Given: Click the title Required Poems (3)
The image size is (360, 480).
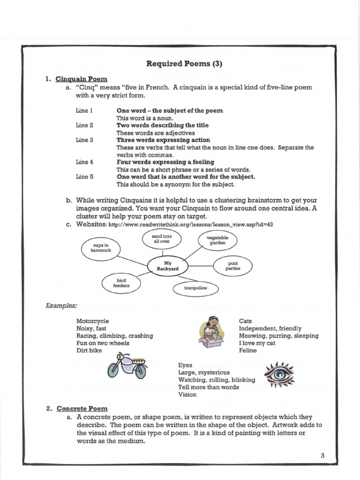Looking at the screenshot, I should [x=184, y=64].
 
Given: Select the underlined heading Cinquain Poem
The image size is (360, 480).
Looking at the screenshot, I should [x=82, y=79].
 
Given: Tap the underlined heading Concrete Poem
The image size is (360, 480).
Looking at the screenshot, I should [x=82, y=409].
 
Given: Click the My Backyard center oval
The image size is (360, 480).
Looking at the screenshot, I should [x=167, y=266].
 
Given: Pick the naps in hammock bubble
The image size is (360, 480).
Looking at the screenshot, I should [x=101, y=247].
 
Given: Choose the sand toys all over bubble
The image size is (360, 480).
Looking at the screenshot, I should [x=162, y=239].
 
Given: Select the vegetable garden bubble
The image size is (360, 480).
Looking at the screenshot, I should [x=217, y=240].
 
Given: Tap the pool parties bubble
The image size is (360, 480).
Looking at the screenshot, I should [x=232, y=266].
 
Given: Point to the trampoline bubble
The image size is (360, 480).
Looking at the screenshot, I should [x=195, y=288].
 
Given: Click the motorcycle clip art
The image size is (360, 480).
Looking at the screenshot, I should [x=127, y=366].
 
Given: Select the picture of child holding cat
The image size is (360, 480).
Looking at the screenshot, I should [x=211, y=332].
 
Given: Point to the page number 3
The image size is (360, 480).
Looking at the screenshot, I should [x=322, y=455].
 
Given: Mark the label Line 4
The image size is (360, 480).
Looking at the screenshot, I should [x=85, y=162].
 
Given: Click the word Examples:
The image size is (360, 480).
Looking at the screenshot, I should [x=61, y=306].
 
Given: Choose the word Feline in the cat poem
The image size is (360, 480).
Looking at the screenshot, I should [x=248, y=351].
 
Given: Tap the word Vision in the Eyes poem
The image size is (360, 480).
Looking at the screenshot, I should [x=187, y=395].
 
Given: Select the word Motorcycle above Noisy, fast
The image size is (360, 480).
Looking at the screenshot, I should [x=92, y=321].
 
